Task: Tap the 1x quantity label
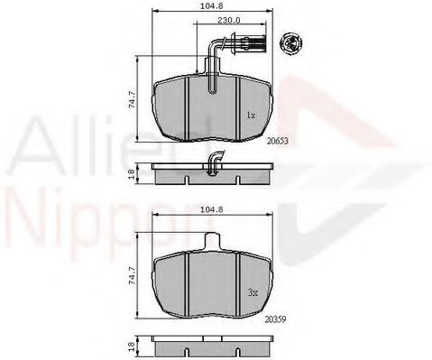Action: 251,116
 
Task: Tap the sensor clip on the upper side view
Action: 215,162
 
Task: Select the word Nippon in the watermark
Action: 63,217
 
